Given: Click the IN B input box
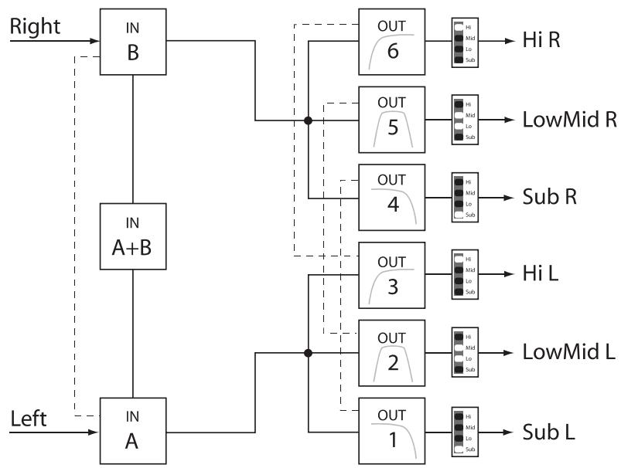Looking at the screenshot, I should click(133, 42).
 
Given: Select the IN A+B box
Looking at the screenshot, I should click(133, 236).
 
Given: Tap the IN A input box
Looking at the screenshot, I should click(133, 429).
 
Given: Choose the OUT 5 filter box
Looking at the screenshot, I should click(392, 120).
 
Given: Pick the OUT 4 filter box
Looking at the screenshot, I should click(392, 197).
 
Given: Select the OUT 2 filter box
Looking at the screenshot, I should click(392, 352).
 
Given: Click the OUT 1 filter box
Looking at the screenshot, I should click(392, 429).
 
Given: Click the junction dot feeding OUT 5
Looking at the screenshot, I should click(308, 120).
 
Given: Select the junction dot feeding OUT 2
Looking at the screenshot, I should click(308, 352).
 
